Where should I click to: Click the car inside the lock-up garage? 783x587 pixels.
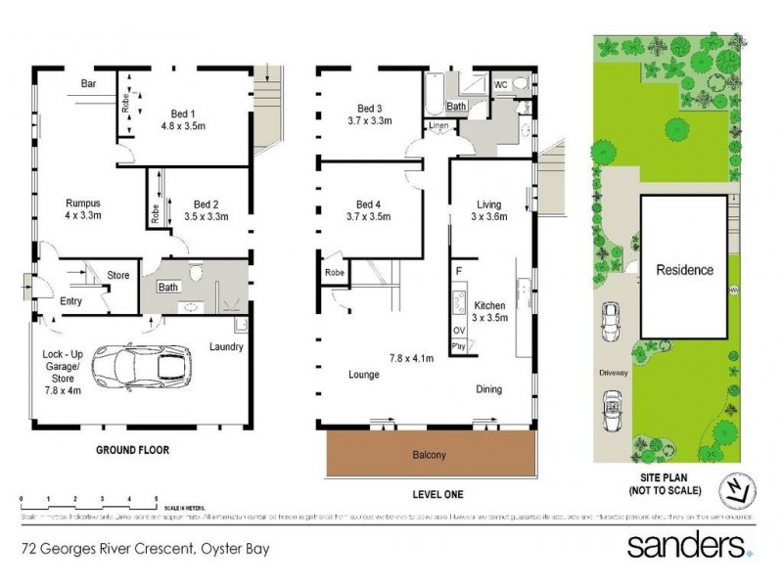[139, 369]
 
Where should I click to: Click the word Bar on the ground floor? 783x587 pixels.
[88, 84]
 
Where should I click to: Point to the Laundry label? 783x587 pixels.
[225, 346]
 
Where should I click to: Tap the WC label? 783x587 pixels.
[500, 83]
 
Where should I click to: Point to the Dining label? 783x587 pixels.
[489, 388]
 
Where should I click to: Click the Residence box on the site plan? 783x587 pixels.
[684, 269]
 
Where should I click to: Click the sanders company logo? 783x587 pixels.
[688, 546]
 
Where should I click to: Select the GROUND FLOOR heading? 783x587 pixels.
[132, 451]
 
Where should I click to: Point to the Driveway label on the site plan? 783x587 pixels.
[614, 374]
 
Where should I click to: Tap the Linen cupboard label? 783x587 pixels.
[436, 124]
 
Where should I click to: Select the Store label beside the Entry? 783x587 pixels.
[117, 276]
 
